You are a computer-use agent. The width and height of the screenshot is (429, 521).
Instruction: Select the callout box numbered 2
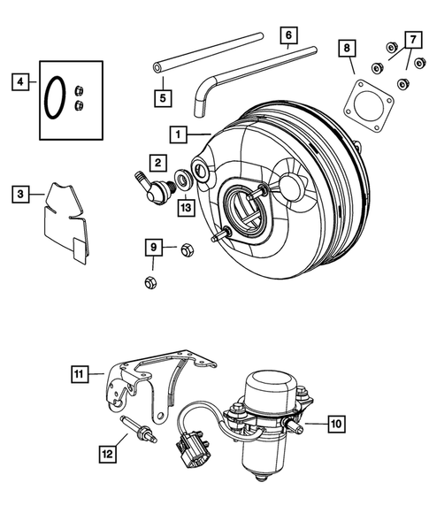(157, 163)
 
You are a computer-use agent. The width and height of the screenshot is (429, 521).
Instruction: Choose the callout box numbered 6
(287, 36)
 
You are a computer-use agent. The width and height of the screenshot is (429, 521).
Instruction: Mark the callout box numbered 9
(153, 245)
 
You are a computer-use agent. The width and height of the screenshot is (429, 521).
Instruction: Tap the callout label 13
(184, 207)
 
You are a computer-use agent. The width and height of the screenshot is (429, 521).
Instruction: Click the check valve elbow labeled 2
(156, 188)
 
